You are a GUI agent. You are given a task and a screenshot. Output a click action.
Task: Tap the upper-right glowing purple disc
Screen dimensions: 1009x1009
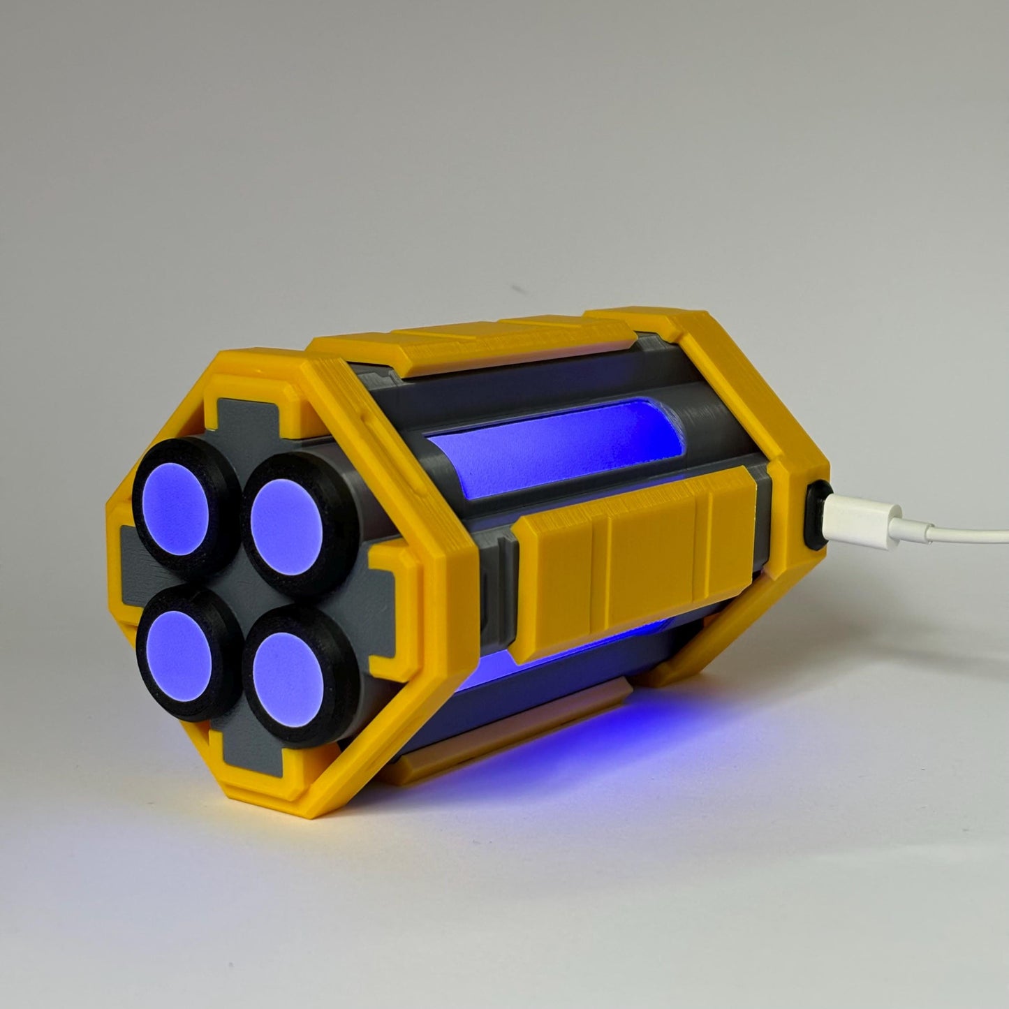click(286, 521)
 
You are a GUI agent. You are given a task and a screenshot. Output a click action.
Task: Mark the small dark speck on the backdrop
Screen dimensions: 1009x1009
click(517, 288)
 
